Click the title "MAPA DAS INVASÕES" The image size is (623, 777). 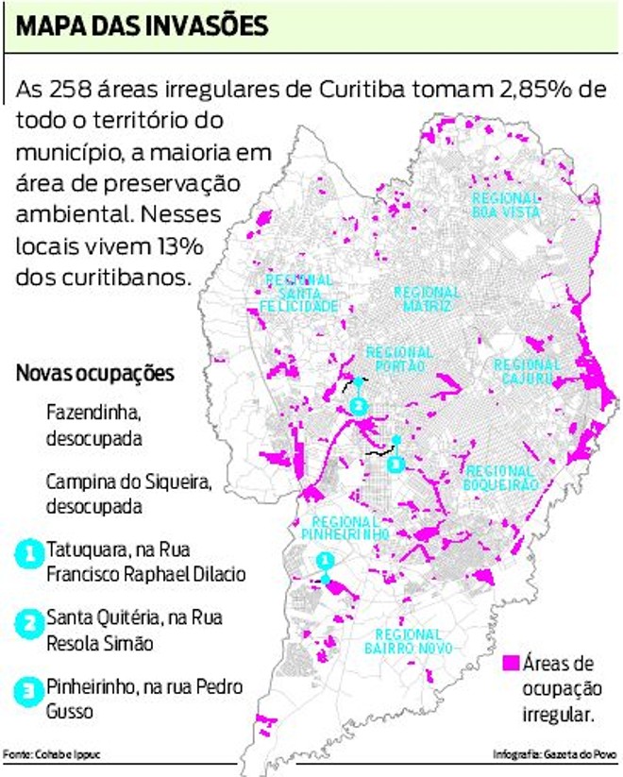(x=142, y=25)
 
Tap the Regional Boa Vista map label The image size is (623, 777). (x=506, y=205)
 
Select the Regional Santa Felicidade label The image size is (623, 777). (x=300, y=294)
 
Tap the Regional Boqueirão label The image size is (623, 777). (x=501, y=478)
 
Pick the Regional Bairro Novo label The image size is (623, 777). (x=413, y=641)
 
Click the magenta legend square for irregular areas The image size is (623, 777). (x=512, y=662)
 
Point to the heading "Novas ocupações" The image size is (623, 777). (x=94, y=374)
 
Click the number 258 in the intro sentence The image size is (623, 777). (x=77, y=91)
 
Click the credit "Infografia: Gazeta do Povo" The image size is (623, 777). (x=554, y=754)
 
